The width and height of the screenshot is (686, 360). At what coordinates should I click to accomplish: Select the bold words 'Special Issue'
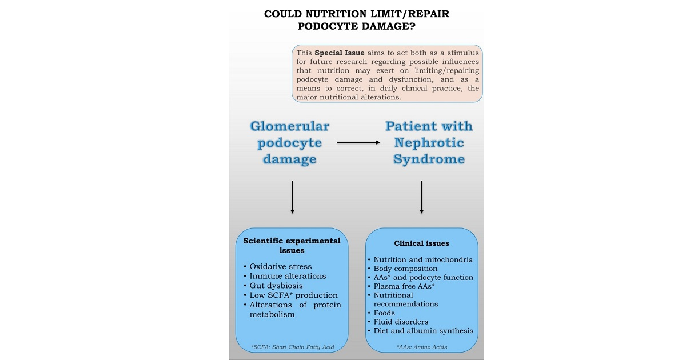339,53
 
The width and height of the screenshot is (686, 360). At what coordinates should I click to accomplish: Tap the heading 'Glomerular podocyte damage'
289,143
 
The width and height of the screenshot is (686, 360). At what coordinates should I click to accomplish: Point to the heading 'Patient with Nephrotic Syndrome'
428,143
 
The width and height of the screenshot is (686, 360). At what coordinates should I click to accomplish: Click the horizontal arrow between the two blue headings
358,143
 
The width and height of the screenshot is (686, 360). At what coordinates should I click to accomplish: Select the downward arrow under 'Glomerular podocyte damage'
292,197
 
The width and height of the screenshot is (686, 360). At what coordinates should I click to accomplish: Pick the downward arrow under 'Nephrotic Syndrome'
421,197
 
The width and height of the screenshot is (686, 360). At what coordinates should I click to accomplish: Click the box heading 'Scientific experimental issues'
292,246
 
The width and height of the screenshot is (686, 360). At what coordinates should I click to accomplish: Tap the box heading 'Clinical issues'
421,243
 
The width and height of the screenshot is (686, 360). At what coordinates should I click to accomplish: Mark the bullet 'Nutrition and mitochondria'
423,259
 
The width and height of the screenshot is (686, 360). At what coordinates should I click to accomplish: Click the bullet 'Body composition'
405,269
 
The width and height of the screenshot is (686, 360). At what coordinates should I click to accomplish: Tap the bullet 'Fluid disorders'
401,322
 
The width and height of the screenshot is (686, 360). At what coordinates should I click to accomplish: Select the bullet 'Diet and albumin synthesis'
423,331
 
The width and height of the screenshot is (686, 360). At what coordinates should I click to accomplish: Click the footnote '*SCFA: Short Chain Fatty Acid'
293,347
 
